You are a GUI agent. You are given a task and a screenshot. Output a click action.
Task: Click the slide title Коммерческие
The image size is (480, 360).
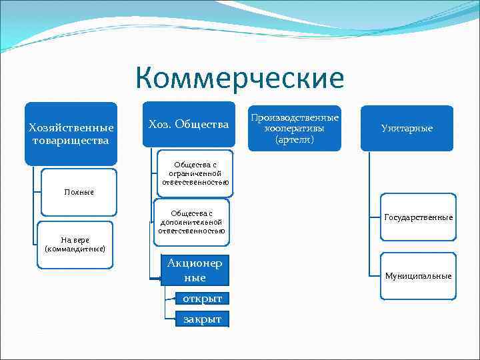pyautogui.click(x=239, y=78)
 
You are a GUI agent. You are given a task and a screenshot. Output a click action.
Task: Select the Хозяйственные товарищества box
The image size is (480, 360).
pyautogui.click(x=71, y=133)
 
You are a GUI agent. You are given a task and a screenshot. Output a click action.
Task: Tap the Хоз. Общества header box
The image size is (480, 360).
pyautogui.click(x=189, y=125)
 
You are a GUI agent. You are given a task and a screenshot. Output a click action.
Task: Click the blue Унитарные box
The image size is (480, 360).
pyautogui.click(x=407, y=128)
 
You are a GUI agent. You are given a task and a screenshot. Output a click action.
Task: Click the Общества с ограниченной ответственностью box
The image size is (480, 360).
pyautogui.click(x=195, y=173)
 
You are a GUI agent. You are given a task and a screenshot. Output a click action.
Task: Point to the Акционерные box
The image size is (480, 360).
pyautogui.click(x=194, y=270)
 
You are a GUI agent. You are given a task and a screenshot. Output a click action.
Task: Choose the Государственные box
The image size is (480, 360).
pyautogui.click(x=418, y=217)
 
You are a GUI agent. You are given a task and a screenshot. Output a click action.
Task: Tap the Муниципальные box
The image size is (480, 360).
pyautogui.click(x=418, y=275)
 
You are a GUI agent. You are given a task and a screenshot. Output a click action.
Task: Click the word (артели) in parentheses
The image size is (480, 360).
pyautogui.click(x=294, y=139)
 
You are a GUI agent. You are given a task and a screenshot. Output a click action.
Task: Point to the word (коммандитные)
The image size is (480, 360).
pyautogui.click(x=75, y=249)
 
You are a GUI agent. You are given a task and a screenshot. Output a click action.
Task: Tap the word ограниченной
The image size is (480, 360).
pyautogui.click(x=195, y=173)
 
